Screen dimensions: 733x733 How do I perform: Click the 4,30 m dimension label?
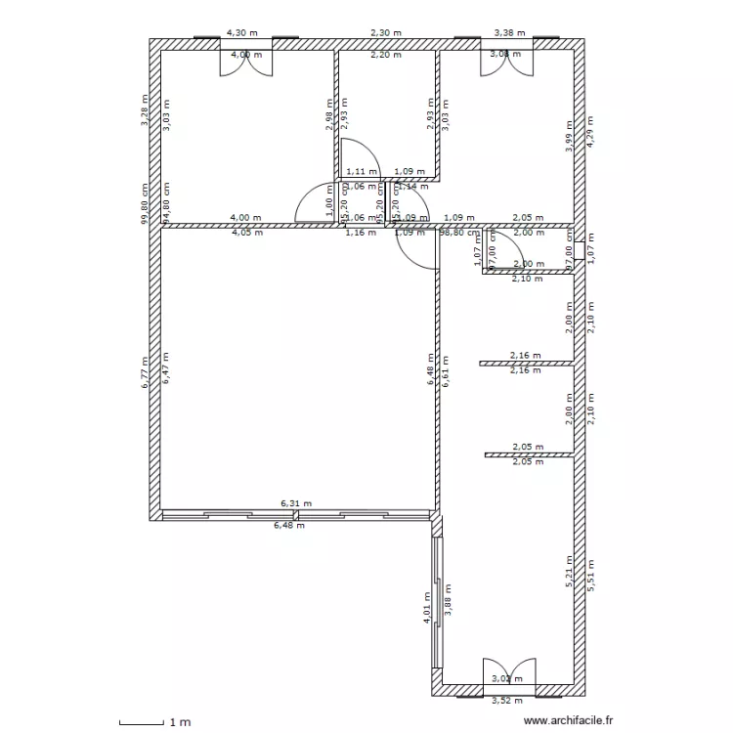click(x=242, y=32)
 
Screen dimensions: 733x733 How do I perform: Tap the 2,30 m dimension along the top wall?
click(x=386, y=32)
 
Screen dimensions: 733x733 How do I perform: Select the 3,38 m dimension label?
click(x=509, y=32)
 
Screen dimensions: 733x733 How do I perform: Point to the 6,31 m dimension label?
click(x=296, y=504)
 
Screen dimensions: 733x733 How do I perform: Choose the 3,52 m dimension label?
click(x=506, y=701)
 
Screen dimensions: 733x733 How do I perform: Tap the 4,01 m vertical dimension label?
click(x=427, y=607)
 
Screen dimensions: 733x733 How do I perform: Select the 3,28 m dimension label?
click(x=145, y=109)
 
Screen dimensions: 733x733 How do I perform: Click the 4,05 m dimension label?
click(x=246, y=233)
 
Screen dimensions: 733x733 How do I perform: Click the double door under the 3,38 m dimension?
click(x=506, y=60)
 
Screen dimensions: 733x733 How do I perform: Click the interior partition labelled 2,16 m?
click(x=526, y=364)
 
